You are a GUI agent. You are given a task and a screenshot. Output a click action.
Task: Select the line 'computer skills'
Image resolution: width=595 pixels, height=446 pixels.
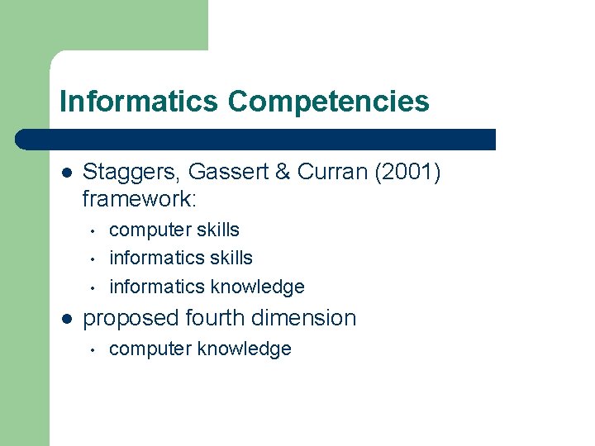click(174, 230)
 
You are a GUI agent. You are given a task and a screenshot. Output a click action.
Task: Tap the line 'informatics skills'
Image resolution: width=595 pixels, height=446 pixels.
click(181, 258)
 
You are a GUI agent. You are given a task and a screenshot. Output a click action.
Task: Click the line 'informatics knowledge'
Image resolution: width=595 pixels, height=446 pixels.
click(207, 287)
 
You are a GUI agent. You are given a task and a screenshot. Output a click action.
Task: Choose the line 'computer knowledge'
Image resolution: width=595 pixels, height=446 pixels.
click(200, 349)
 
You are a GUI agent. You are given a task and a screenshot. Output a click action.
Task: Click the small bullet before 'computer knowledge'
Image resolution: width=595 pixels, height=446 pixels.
click(95, 349)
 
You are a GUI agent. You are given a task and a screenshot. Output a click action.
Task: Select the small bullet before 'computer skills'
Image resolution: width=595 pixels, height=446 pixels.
click(95, 230)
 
